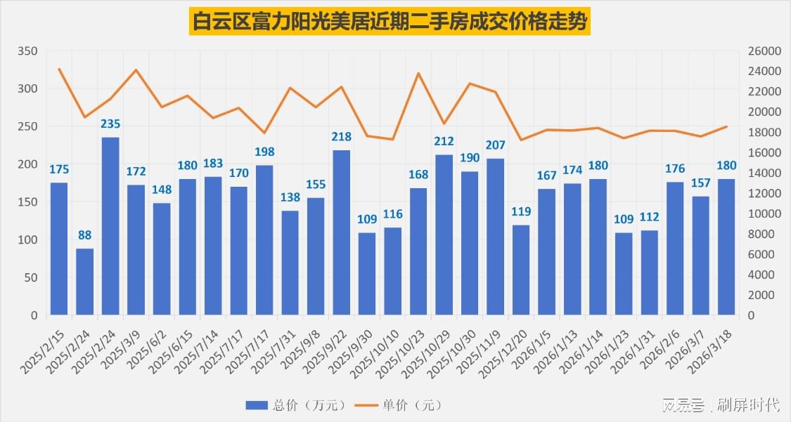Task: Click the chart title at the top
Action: [390, 21]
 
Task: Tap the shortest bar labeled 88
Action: [84, 282]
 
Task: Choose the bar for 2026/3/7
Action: [700, 256]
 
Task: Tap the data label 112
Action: [649, 218]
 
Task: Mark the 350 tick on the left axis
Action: [27, 51]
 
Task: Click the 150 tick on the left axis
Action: [27, 202]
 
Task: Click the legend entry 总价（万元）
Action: [296, 405]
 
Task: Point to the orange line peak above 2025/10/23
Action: [418, 73]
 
